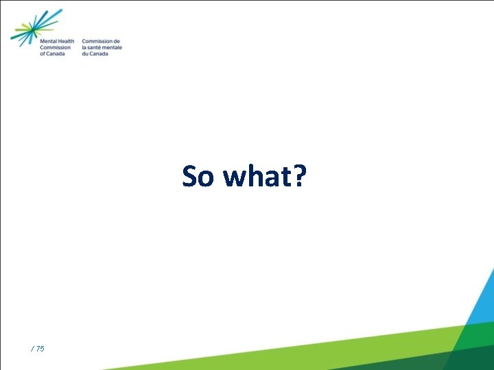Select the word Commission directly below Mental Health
(55, 48)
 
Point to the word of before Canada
(43, 53)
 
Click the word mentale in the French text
(113, 48)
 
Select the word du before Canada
(85, 53)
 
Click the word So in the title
(199, 177)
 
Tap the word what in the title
(257, 177)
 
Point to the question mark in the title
(300, 177)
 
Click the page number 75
(40, 349)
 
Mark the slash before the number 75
(32, 349)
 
